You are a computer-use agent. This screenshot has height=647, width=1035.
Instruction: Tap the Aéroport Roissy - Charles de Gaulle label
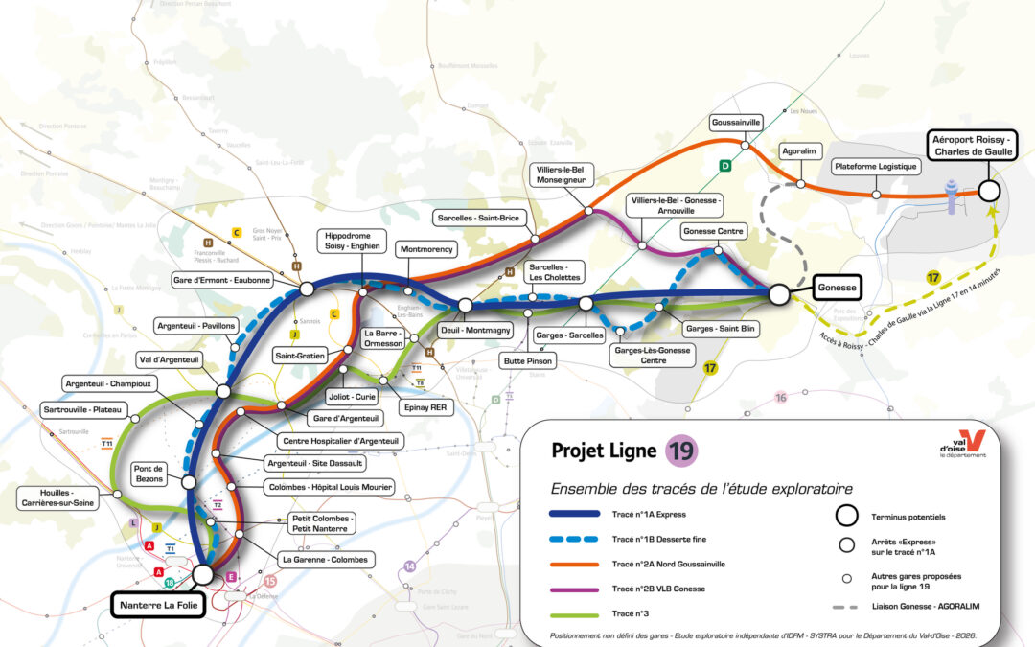pyautogui.click(x=971, y=146)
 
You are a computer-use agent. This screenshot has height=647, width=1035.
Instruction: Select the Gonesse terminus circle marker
pyautogui.click(x=779, y=294)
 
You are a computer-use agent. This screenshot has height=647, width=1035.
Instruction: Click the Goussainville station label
pyautogui.click(x=736, y=123)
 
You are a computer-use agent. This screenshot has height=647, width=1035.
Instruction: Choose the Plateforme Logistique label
pyautogui.click(x=876, y=167)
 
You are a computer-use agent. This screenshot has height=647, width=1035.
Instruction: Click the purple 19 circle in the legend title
pyautogui.click(x=681, y=451)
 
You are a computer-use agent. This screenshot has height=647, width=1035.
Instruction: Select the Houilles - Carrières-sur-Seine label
pyautogui.click(x=55, y=497)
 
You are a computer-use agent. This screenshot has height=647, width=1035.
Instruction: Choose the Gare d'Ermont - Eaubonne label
pyautogui.click(x=222, y=280)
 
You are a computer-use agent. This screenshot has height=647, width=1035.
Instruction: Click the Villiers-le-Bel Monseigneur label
pyautogui.click(x=562, y=174)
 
